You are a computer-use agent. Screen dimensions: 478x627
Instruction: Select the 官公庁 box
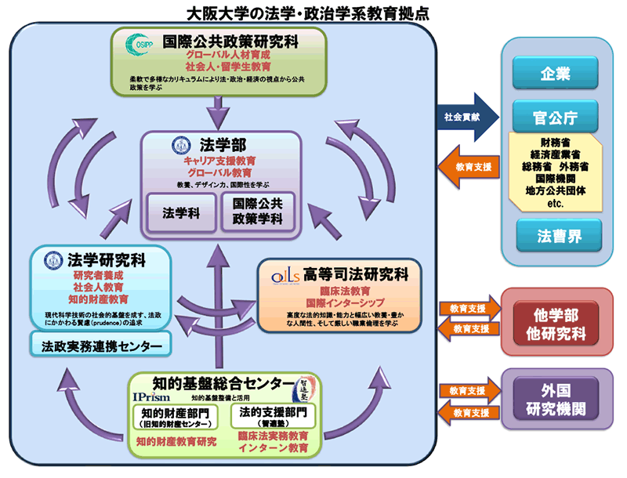click(555, 118)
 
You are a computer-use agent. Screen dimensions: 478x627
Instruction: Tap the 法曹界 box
click(555, 234)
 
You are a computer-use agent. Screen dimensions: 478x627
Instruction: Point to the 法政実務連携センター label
click(96, 345)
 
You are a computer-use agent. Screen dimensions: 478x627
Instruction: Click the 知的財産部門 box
click(179, 416)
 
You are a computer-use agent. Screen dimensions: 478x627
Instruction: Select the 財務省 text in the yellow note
click(555, 142)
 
